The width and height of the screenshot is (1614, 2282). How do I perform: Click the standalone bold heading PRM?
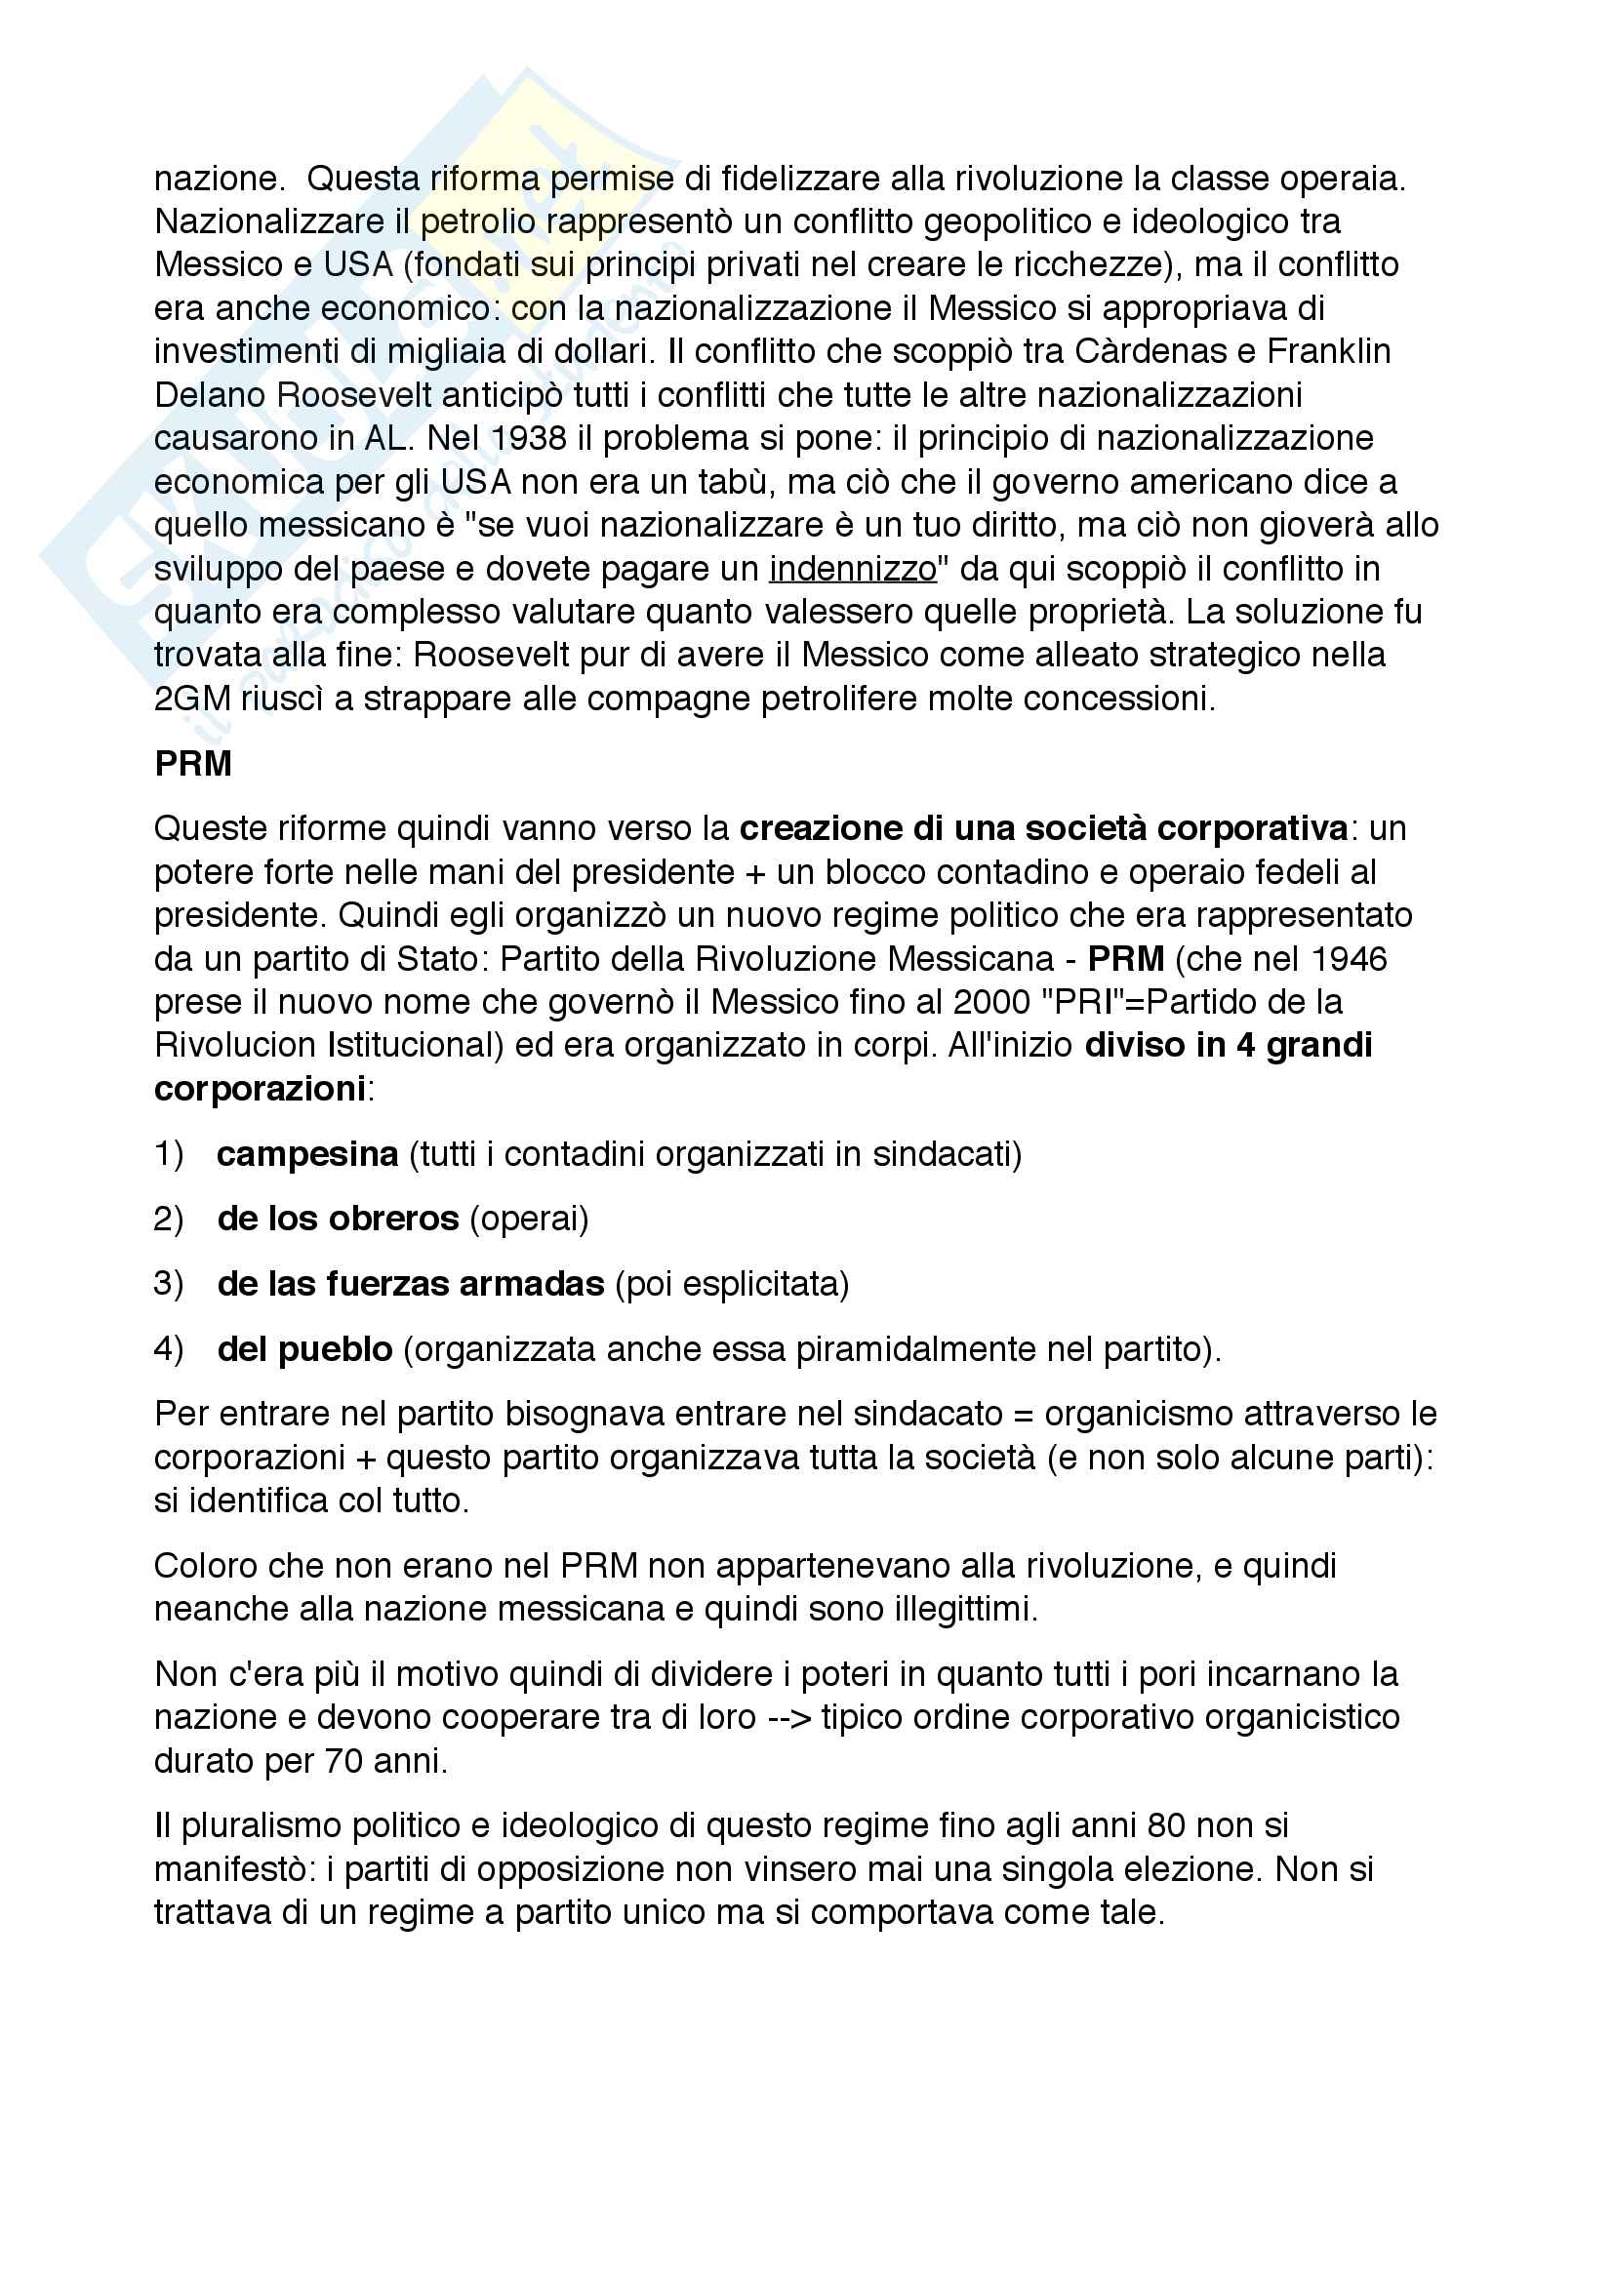coord(193,763)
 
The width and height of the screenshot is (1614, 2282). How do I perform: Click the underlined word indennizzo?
coord(853,569)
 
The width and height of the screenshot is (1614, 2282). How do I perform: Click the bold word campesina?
coord(307,1154)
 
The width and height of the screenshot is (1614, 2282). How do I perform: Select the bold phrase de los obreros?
coord(338,1219)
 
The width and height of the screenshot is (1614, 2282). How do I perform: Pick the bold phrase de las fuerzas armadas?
coord(411,1284)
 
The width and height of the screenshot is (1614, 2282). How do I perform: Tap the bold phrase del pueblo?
coord(305,1348)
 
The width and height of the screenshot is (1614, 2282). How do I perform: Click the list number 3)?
coord(168,1284)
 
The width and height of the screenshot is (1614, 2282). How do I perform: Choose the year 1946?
coord(1348,959)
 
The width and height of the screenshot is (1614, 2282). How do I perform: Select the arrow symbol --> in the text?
coord(789,1717)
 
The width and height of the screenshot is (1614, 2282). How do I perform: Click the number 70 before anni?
coord(343,1761)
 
